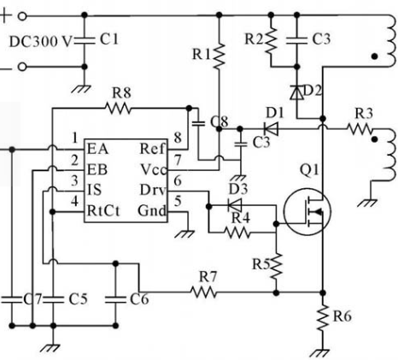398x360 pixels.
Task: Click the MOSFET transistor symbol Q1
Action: point(307,212)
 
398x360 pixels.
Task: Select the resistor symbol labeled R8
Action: point(118,109)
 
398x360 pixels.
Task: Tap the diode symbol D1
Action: point(271,129)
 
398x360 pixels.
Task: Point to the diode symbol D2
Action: point(296,92)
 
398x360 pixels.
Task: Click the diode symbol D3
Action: point(235,205)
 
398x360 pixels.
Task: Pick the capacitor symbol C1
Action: point(85,40)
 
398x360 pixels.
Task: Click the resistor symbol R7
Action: point(203,292)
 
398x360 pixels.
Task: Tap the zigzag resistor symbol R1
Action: point(219,56)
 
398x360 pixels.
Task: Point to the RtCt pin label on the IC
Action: point(103,211)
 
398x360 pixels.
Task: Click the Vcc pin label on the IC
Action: point(153,170)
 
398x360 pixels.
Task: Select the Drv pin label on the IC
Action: point(153,190)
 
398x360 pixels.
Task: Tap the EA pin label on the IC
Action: point(97,149)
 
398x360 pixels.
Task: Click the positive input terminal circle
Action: point(22,16)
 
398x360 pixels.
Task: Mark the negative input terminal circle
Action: point(22,67)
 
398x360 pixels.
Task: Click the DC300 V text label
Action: point(40,42)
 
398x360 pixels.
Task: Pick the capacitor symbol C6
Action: point(115,299)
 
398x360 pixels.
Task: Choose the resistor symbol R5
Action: point(276,266)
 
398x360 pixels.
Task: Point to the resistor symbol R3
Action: point(360,129)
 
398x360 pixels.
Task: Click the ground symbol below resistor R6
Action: point(319,353)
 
